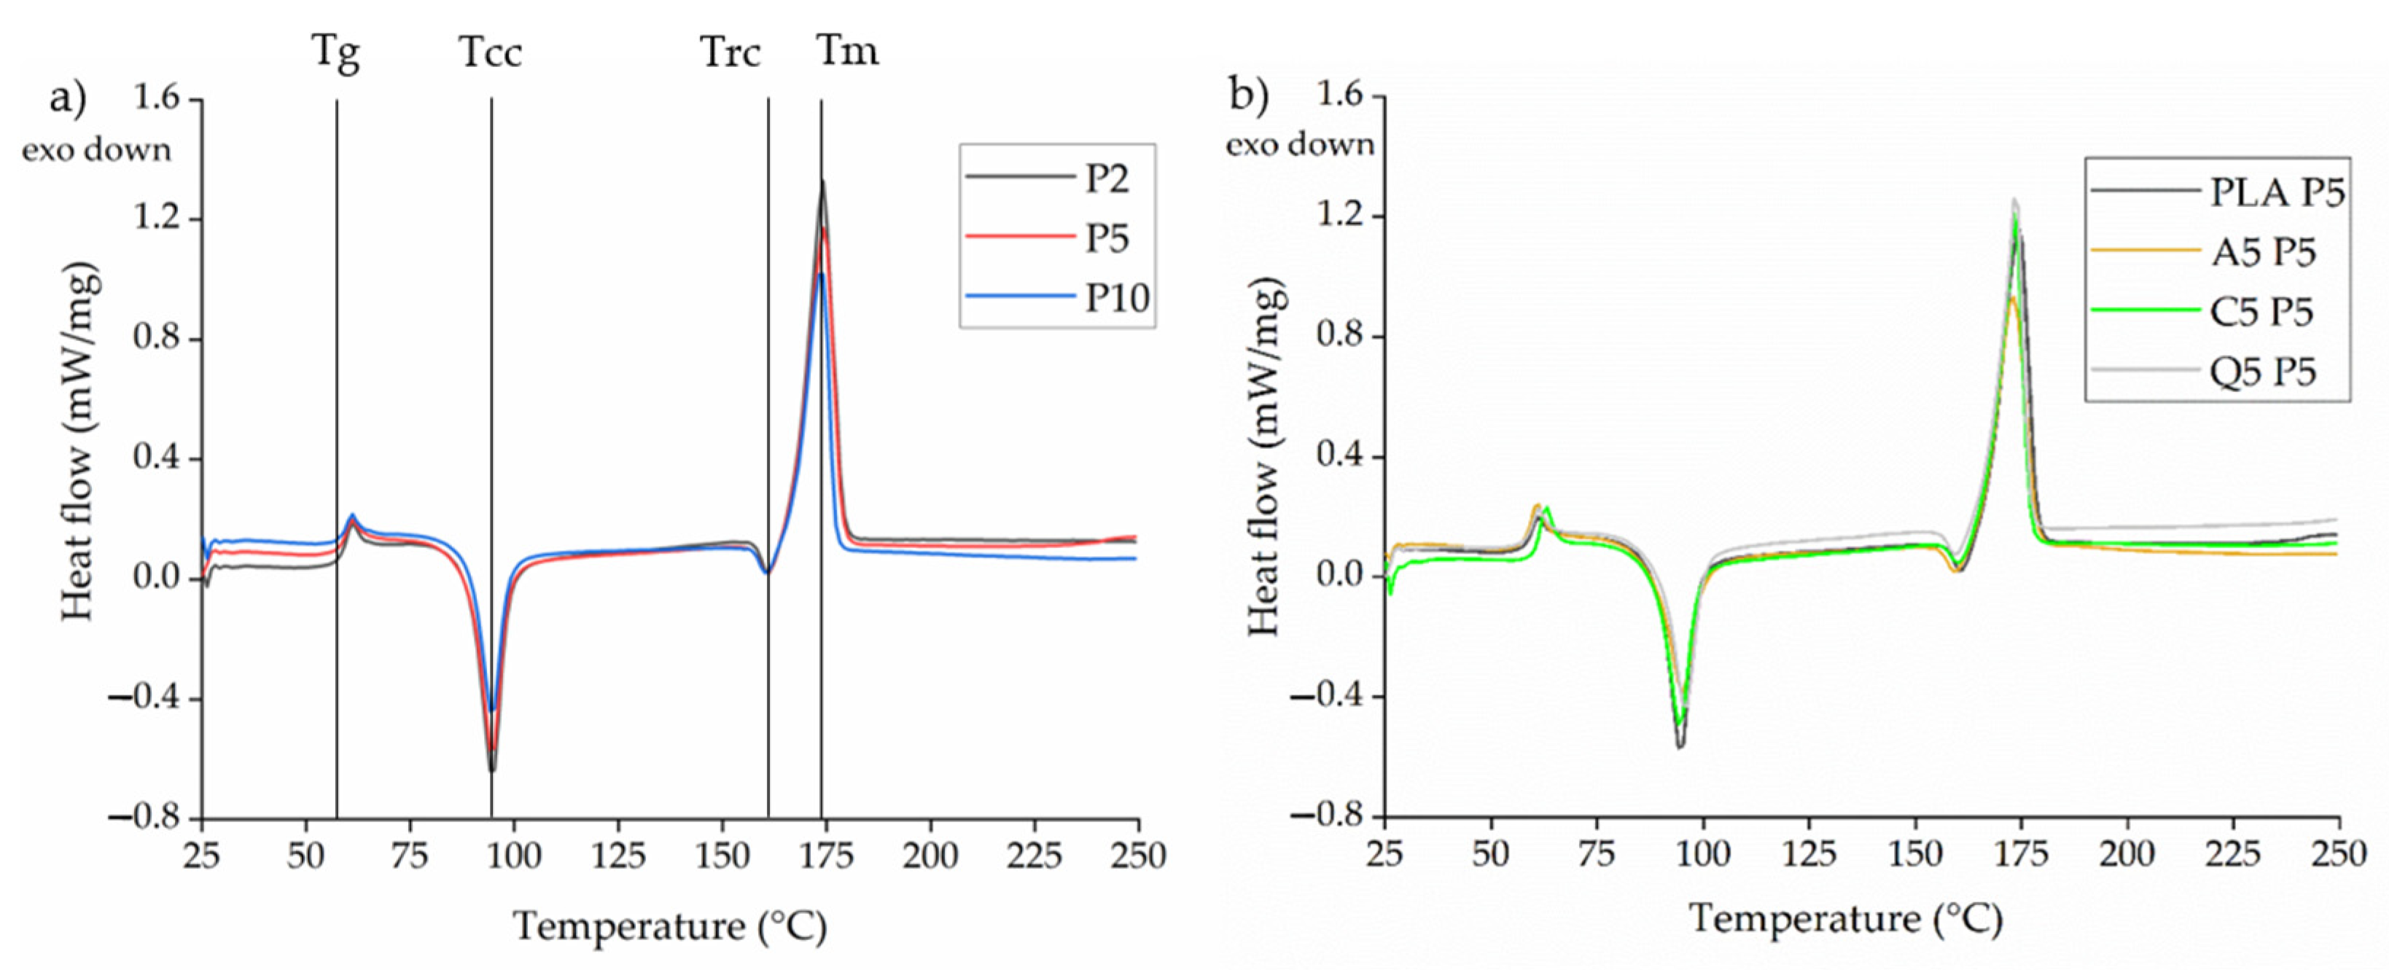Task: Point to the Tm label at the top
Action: (x=846, y=51)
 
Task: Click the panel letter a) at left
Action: (x=68, y=98)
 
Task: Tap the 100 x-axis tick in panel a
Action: (x=513, y=856)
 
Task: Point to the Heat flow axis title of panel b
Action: (x=1266, y=458)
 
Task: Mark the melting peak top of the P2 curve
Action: (x=822, y=181)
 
